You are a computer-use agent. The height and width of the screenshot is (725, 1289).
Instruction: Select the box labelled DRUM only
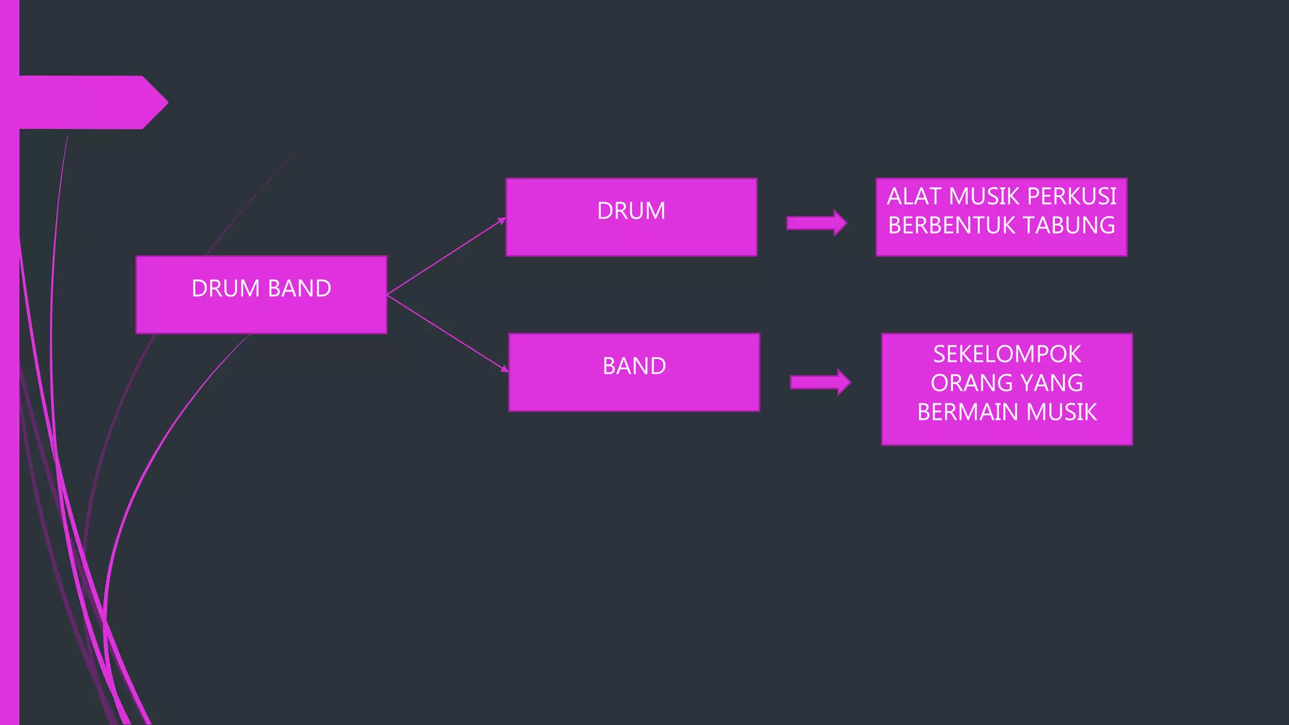pos(631,217)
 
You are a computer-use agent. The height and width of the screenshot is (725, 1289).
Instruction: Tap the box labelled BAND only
pos(634,373)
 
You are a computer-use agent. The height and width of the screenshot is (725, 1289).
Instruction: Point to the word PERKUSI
pos(1071,196)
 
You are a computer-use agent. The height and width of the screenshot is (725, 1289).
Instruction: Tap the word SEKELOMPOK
pos(1007,354)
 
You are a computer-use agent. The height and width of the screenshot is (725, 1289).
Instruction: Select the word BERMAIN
pos(969,412)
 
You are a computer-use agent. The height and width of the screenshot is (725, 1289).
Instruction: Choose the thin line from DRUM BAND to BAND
pos(447,332)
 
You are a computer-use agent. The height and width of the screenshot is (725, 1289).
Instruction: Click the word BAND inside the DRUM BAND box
pos(300,288)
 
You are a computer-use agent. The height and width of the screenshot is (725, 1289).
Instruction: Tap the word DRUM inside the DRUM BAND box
pos(226,288)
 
